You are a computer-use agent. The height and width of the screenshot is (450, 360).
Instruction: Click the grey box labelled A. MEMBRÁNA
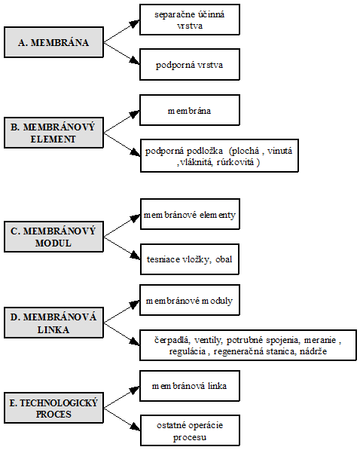click(53, 42)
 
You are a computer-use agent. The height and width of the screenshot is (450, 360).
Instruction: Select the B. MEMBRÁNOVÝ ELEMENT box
click(53, 133)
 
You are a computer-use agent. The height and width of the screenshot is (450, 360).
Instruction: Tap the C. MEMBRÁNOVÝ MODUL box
click(53, 237)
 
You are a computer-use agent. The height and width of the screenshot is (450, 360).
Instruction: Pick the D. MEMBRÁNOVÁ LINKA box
click(53, 323)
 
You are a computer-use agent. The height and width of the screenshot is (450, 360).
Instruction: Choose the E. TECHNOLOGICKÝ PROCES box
click(53, 408)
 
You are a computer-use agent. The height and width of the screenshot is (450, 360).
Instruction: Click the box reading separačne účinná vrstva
click(190, 20)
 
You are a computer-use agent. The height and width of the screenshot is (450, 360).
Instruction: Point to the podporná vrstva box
click(190, 64)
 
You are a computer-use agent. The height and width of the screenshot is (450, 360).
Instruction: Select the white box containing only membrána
click(190, 110)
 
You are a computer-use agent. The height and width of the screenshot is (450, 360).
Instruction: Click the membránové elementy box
click(190, 214)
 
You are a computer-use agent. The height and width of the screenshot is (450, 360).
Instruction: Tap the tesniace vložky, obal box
click(190, 259)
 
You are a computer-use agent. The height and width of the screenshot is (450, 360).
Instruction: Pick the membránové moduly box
click(190, 300)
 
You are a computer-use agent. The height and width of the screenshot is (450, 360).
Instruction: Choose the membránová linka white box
click(190, 386)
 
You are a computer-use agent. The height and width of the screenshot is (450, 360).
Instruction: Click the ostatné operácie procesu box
click(190, 430)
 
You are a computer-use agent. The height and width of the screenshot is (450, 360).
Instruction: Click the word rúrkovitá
click(235, 162)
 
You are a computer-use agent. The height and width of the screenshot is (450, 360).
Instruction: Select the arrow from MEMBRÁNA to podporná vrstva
click(121, 54)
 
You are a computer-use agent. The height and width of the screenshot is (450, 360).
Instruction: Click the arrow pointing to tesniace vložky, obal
click(122, 248)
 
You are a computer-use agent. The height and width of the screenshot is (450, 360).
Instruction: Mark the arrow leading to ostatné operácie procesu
click(122, 419)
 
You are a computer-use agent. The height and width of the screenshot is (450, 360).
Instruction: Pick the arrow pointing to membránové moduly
click(121, 311)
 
